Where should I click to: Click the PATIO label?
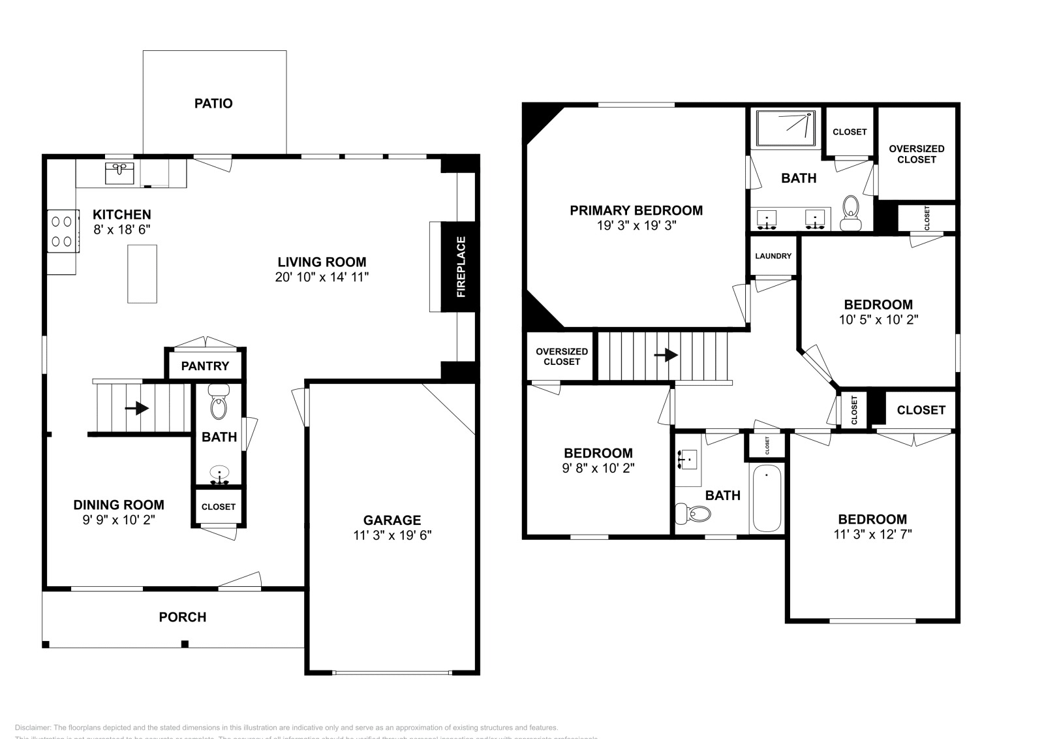click(x=213, y=103)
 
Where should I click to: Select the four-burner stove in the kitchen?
click(x=62, y=231)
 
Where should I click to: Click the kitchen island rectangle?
click(x=142, y=274)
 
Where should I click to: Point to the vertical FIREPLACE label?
click(x=461, y=267)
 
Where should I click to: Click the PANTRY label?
click(x=205, y=366)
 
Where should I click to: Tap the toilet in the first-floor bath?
click(x=219, y=403)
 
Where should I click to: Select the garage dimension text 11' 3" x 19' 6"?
click(x=392, y=535)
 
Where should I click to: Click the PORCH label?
click(x=183, y=617)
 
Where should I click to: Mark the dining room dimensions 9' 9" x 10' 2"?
click(x=118, y=520)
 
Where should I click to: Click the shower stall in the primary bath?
click(x=786, y=128)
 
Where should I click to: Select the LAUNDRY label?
click(x=773, y=256)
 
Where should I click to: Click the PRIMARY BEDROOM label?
click(x=636, y=210)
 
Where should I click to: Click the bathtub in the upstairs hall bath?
click(x=767, y=499)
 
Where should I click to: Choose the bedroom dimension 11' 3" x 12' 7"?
click(x=872, y=534)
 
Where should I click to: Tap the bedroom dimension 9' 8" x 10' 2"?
click(x=598, y=468)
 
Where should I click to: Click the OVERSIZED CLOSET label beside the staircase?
click(x=562, y=356)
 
